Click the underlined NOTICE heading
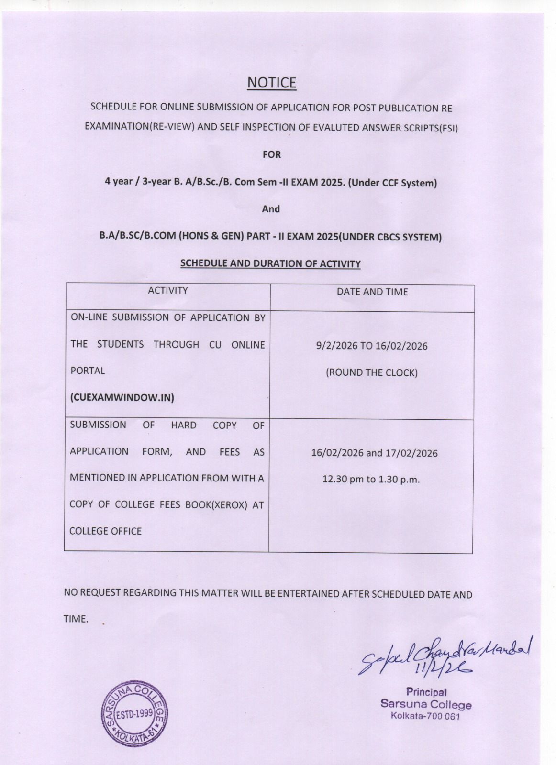tap(271, 83)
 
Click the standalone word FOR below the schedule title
tap(271, 154)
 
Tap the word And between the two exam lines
tap(271, 209)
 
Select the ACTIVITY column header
tap(167, 291)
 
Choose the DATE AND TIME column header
tap(372, 292)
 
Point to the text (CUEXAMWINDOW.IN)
tap(122, 397)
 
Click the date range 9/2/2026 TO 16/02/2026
tap(372, 346)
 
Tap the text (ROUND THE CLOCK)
tap(372, 372)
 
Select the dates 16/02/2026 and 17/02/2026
tap(374, 453)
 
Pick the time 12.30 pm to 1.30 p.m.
tap(371, 479)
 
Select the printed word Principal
tap(426, 692)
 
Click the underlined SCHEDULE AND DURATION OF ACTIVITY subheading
tap(270, 263)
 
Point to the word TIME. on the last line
tap(76, 619)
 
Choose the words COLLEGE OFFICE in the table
tap(106, 531)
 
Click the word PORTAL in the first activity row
tap(88, 371)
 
